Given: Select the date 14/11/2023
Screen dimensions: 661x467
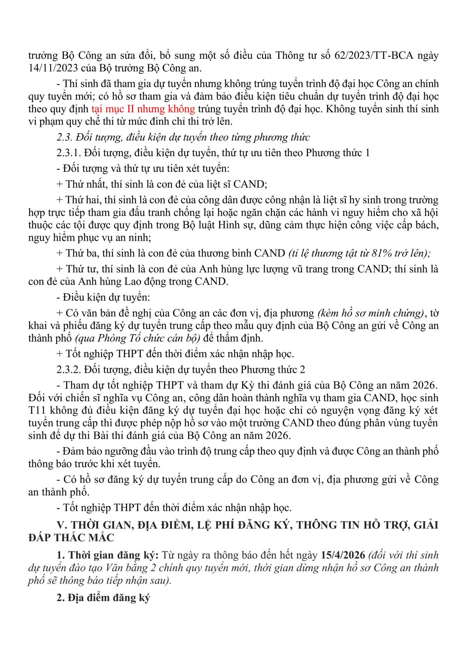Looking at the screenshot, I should (51, 68).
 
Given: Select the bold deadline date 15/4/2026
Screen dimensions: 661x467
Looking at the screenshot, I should (343, 555).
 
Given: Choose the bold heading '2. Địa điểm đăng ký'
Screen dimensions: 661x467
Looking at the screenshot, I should (103, 598).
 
